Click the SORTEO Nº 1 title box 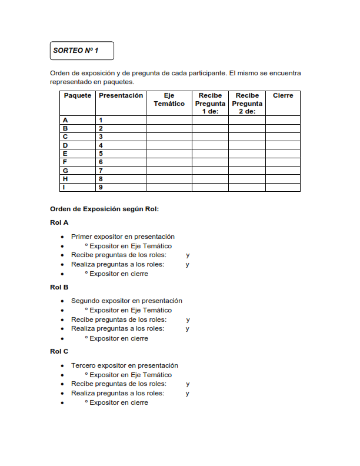click(82, 51)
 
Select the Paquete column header click(78, 95)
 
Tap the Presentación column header click(121, 95)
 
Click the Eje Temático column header click(169, 99)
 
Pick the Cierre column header click(283, 95)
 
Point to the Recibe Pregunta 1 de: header click(210, 103)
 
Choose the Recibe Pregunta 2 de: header click(247, 103)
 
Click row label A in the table click(65, 120)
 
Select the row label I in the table click(64, 187)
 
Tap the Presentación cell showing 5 click(101, 154)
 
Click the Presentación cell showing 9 click(101, 187)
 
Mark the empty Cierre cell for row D click(283, 145)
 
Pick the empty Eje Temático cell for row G click(169, 171)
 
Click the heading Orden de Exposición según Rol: click(105, 209)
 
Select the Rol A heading click(59, 222)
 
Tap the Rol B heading click(59, 287)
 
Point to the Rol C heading click(59, 351)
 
